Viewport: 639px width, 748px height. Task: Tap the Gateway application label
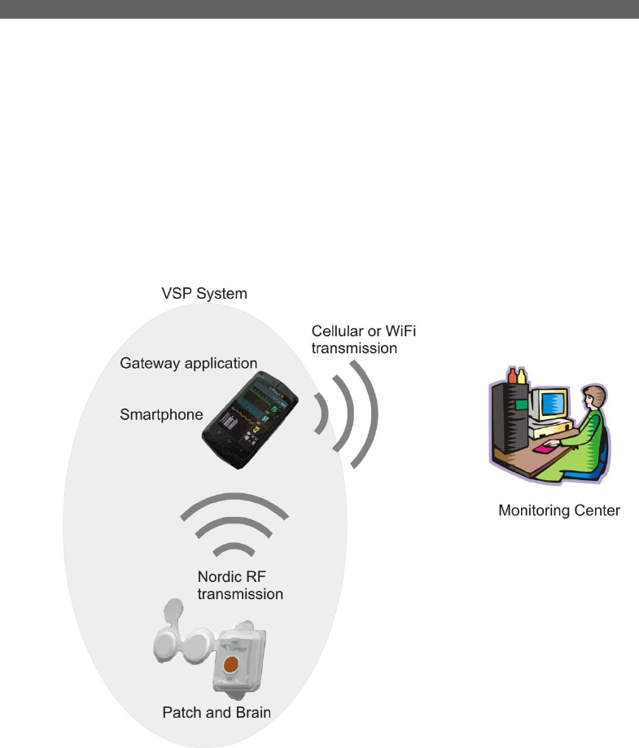188,362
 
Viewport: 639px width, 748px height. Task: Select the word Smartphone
161,414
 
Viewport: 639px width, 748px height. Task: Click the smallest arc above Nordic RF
234,548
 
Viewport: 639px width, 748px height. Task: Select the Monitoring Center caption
558,511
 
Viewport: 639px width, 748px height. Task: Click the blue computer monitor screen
554,404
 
